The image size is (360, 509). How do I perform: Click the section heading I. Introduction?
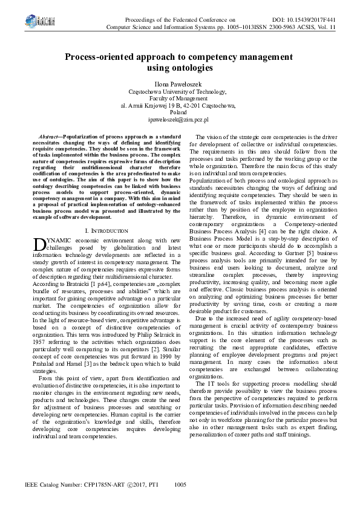pyautogui.click(x=106, y=231)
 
